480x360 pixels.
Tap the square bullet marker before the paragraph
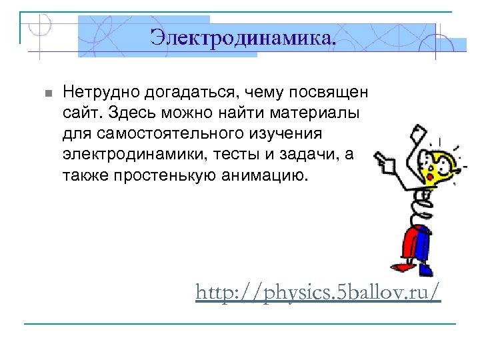tap(45, 93)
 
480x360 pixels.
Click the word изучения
tap(287, 134)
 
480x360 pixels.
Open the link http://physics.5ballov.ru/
tap(318, 291)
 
